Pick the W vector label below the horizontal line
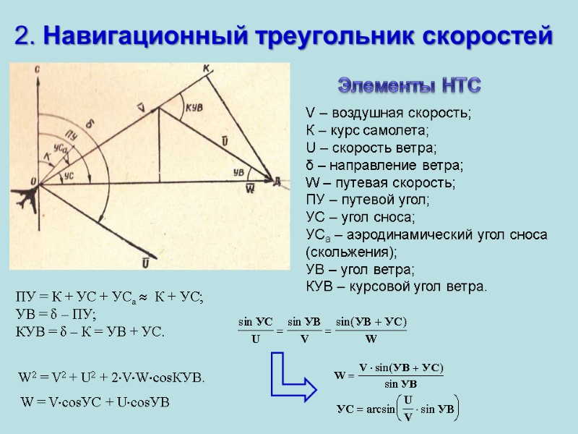coord(250,190)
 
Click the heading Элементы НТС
coord(410,87)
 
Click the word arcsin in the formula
coord(377,409)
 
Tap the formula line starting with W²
coord(111,378)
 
